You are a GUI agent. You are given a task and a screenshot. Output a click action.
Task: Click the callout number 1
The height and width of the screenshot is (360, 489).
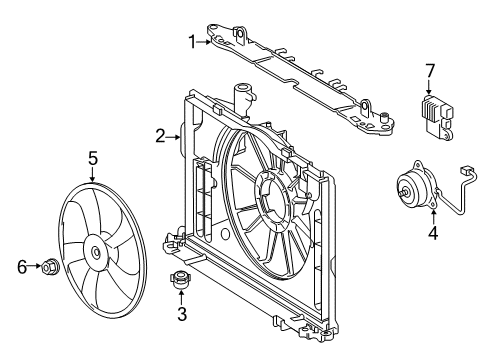click(x=192, y=42)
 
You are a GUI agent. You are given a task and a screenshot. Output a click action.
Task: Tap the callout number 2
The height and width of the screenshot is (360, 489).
click(x=160, y=136)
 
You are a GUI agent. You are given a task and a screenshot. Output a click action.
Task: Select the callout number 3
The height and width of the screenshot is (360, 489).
click(x=182, y=314)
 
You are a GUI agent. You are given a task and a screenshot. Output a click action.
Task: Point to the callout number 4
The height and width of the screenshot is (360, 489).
click(x=433, y=233)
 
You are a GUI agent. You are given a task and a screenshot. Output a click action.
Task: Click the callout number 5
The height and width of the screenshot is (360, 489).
click(x=93, y=158)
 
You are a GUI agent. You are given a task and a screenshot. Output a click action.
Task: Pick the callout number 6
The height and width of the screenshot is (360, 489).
click(x=22, y=267)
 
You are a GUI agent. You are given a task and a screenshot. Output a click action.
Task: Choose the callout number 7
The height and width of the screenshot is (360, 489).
click(x=429, y=71)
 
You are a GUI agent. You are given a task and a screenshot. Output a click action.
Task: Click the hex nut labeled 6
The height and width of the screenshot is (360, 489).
click(x=50, y=266)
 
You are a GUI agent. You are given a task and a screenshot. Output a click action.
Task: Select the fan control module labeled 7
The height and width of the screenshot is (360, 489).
click(x=437, y=117)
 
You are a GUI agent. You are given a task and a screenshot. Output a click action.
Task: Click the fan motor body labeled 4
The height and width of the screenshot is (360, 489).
click(x=417, y=188)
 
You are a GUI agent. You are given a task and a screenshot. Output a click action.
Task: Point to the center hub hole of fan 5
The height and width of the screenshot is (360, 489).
click(x=96, y=252)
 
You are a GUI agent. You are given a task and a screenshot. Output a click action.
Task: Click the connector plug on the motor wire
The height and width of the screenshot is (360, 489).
click(x=465, y=170)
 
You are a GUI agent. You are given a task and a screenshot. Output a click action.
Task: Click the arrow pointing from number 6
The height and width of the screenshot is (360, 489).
click(x=35, y=266)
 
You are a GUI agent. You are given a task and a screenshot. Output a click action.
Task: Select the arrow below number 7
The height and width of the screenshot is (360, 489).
click(x=429, y=87)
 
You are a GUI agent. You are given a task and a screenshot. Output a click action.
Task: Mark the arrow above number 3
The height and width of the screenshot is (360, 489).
click(x=181, y=297)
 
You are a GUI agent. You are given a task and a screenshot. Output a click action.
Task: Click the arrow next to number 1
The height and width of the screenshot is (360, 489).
click(x=204, y=42)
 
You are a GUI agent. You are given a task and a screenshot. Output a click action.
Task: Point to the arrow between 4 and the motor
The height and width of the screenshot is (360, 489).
click(x=433, y=217)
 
